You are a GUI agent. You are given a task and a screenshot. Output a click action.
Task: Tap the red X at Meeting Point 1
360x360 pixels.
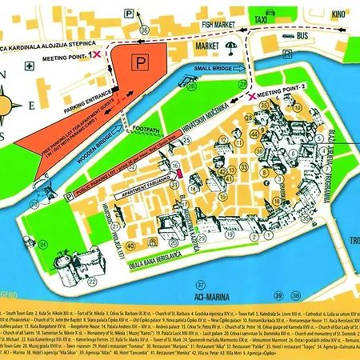coord(97,54)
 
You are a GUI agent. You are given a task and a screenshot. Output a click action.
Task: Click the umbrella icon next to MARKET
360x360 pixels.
coord(232,46)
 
